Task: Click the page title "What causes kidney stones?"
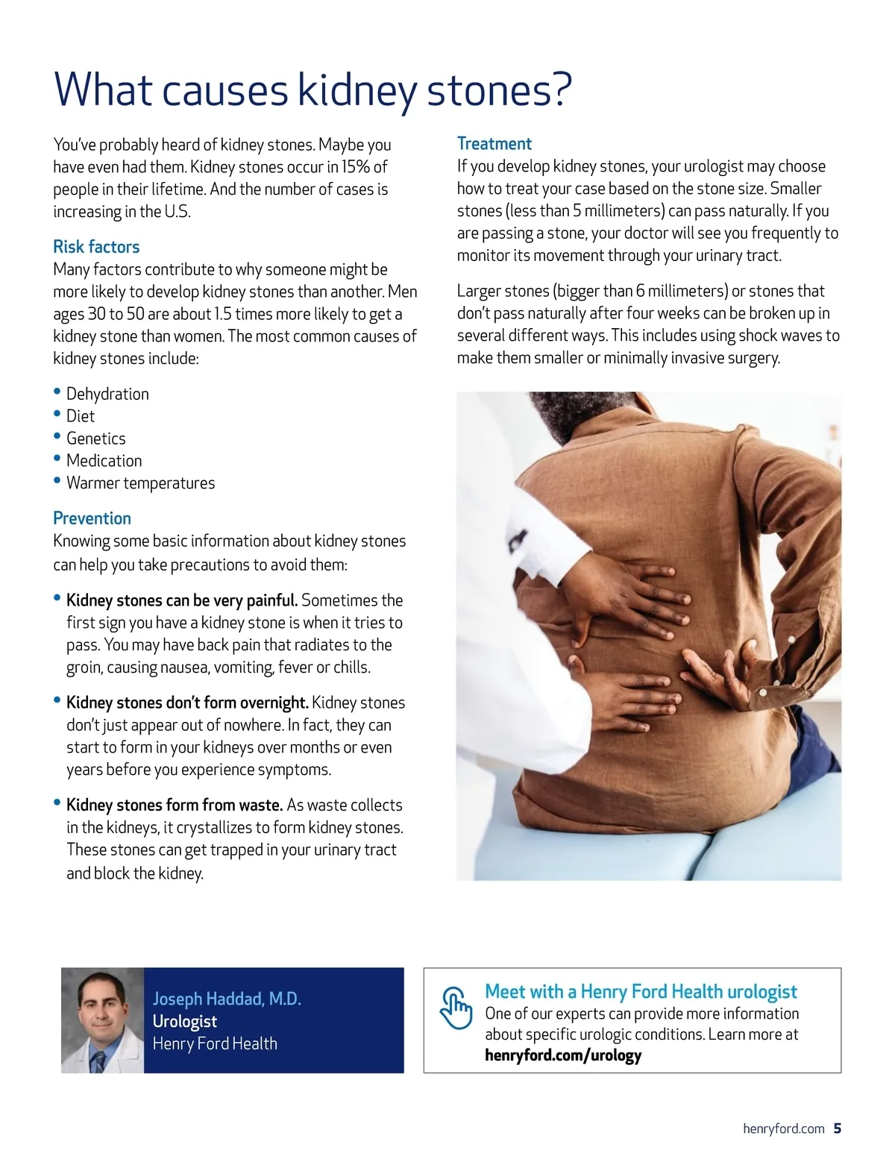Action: (313, 90)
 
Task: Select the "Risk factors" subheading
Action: (96, 247)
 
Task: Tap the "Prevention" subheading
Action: (92, 518)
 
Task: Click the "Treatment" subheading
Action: (494, 144)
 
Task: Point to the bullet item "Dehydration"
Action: (107, 394)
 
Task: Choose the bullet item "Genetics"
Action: (95, 439)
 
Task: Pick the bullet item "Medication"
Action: (104, 461)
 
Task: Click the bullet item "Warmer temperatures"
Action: (140, 483)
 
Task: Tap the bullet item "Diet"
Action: (81, 416)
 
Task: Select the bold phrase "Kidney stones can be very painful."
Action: (182, 600)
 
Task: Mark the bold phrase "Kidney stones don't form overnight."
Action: (187, 703)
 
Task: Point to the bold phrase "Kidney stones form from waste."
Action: (175, 805)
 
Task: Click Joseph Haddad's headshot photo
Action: (102, 1020)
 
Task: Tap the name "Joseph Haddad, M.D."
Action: (227, 999)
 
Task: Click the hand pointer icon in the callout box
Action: (456, 1008)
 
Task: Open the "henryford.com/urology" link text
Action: (563, 1055)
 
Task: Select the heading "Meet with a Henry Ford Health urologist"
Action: (641, 991)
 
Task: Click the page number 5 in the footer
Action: (838, 1128)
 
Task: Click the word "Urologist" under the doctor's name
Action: (185, 1021)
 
